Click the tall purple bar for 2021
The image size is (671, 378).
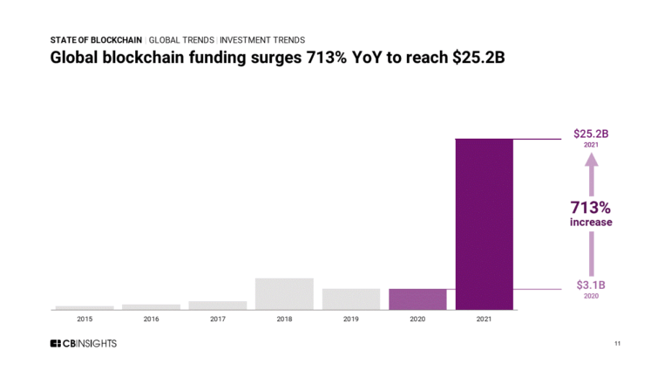pos(485,224)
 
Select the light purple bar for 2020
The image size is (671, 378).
pos(417,299)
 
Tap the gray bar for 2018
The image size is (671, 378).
pos(284,293)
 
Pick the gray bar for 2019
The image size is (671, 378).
pos(351,299)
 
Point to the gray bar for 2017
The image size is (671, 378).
pos(217,306)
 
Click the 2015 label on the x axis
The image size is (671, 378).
pos(85,320)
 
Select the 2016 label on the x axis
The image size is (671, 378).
pos(151,320)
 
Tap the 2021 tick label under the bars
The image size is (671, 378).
pos(485,320)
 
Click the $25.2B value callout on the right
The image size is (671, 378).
pos(591,134)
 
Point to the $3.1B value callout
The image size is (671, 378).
pos(591,285)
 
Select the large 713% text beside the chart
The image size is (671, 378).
pos(591,207)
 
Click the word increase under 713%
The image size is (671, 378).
pos(591,223)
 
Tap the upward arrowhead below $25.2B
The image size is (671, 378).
pos(591,160)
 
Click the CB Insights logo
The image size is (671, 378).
pos(83,344)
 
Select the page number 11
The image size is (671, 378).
pos(617,344)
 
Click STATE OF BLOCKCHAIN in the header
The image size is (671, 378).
pos(96,40)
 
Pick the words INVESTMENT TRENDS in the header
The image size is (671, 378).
pos(262,40)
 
